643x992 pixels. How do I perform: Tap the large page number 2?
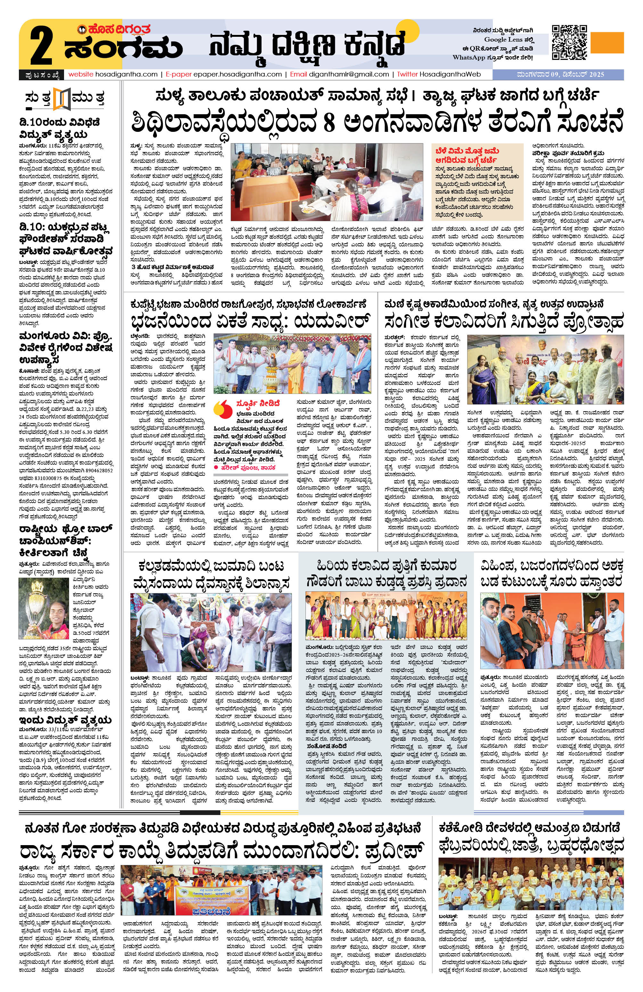point(41,47)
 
